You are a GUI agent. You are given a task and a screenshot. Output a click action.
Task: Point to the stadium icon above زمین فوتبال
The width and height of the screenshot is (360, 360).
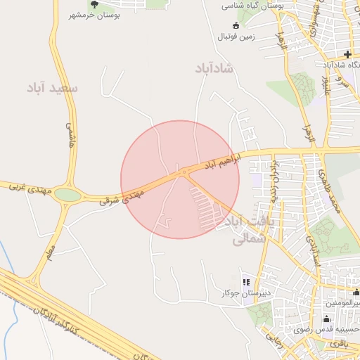(236, 25)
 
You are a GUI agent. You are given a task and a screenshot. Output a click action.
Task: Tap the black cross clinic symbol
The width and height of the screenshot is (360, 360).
(347, 54)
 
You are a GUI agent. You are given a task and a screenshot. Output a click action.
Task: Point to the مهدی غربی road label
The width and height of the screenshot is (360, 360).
(27, 187)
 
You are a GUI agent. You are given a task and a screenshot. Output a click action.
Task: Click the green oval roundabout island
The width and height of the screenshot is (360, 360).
(68, 194)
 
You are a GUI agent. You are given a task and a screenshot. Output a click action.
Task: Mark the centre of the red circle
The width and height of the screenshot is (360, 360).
(180, 179)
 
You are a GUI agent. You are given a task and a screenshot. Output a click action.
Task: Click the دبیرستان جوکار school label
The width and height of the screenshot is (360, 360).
(243, 292)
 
